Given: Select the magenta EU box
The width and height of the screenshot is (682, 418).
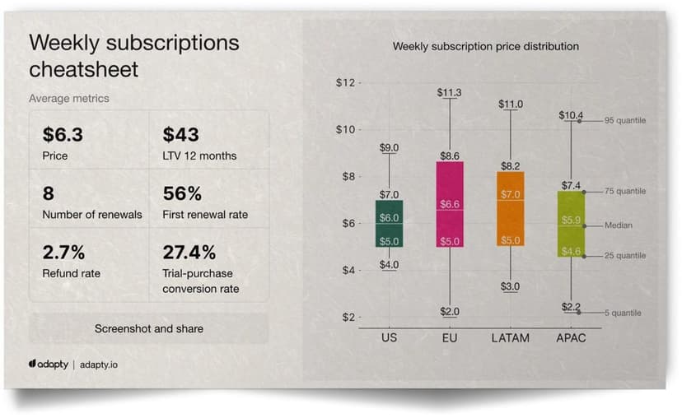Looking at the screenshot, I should (x=450, y=203).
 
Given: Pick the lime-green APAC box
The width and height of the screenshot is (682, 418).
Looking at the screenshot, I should (x=571, y=223).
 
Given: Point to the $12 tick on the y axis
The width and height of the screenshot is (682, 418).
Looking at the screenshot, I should (x=345, y=83).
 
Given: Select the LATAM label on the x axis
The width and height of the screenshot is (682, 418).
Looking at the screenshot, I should (x=511, y=337).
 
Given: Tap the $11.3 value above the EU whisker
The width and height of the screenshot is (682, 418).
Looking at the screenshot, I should (x=449, y=92).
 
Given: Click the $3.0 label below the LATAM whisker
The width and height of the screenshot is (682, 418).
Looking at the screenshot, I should (x=511, y=286).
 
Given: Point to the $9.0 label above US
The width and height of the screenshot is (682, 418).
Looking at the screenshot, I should (x=390, y=147).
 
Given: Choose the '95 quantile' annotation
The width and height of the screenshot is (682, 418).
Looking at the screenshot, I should (x=625, y=121).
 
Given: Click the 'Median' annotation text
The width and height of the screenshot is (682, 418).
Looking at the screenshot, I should (x=619, y=225).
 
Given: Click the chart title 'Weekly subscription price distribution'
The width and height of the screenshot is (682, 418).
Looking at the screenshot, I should (x=485, y=46).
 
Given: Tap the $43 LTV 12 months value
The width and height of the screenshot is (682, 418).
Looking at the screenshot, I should (x=180, y=134).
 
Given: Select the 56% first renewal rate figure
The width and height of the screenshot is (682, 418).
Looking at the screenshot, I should (x=182, y=193).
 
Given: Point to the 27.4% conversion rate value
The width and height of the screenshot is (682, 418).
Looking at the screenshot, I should (x=189, y=252).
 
